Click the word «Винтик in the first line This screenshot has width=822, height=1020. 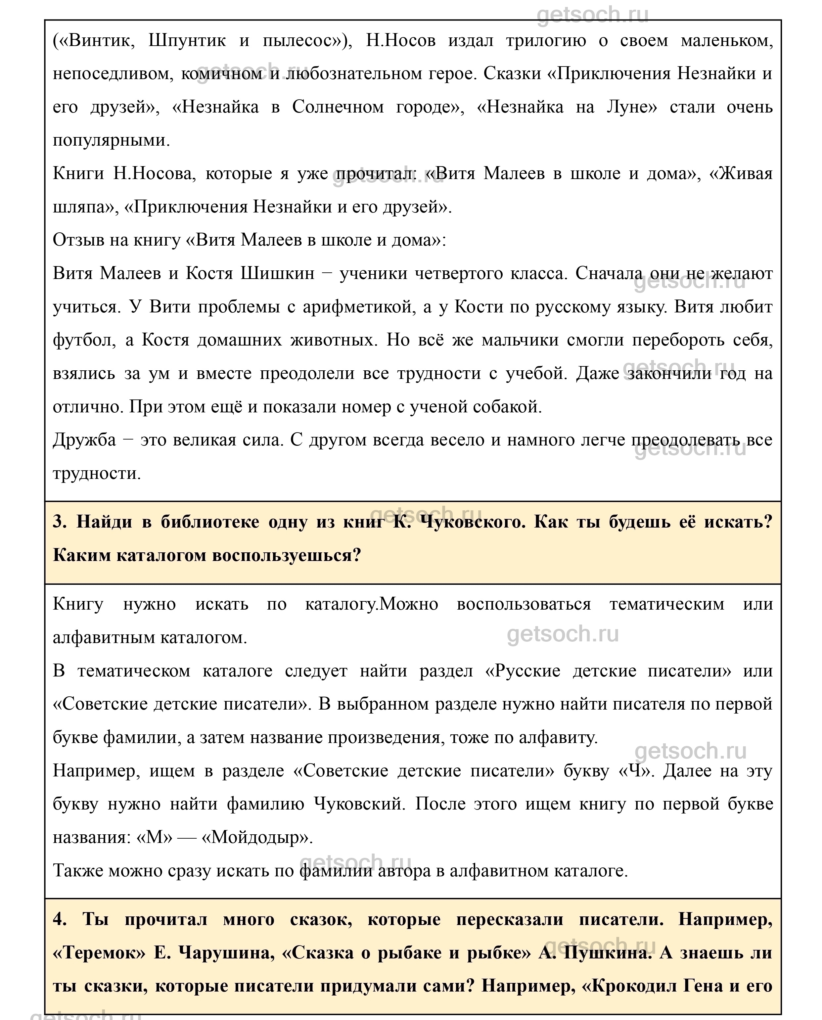tap(94, 41)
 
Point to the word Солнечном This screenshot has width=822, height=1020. tap(338, 107)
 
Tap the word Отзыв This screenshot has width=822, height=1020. tap(75, 240)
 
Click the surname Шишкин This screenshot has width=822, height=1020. tap(277, 274)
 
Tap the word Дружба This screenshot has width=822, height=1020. tap(84, 440)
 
